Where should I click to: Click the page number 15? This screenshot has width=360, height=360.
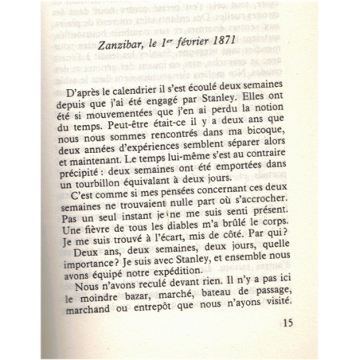(x=290, y=346)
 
